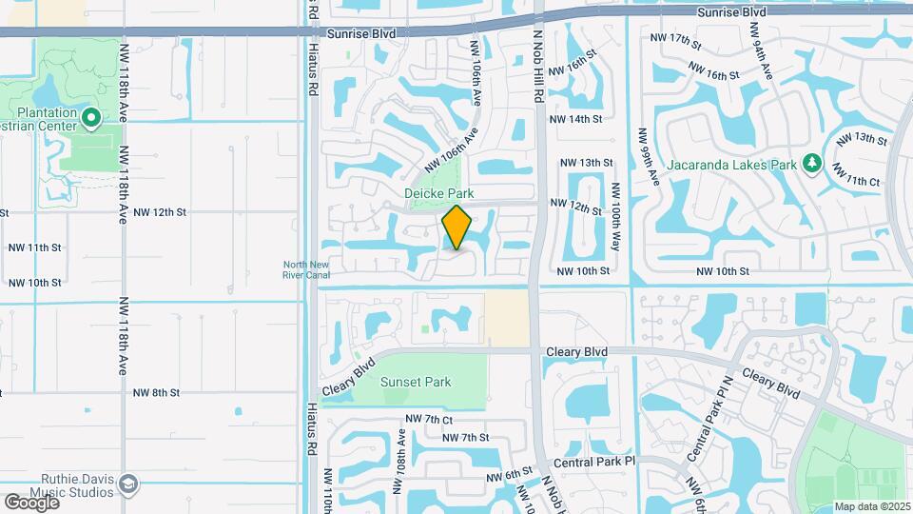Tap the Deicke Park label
point(439,193)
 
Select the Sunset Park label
point(416,382)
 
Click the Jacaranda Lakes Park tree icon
point(811,165)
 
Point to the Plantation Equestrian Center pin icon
point(91,119)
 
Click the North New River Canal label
point(306,269)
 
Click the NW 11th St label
point(34,247)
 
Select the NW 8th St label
point(156,392)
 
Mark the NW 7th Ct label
point(428,419)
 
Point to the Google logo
point(30,502)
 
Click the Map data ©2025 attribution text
point(870,506)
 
